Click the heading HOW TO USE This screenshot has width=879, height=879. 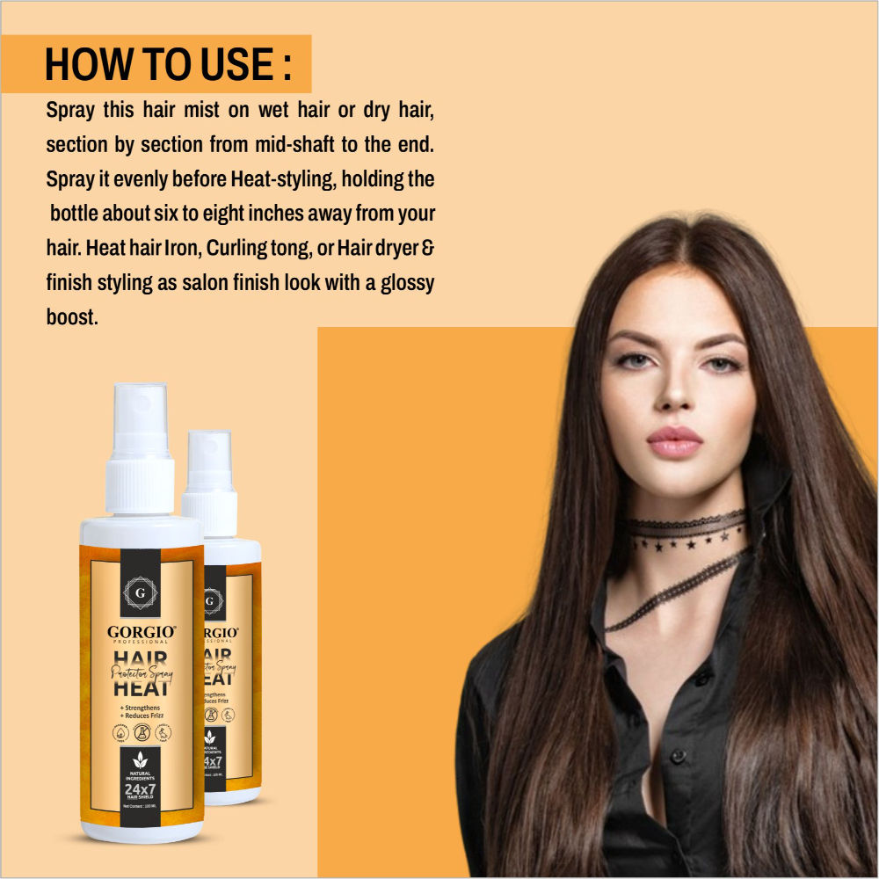(167, 65)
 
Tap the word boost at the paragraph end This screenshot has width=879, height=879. (71, 317)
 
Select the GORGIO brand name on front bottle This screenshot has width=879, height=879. (140, 631)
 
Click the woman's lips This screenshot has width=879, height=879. (674, 440)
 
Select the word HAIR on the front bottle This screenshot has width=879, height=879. (140, 658)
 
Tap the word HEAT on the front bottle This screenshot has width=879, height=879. (140, 688)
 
